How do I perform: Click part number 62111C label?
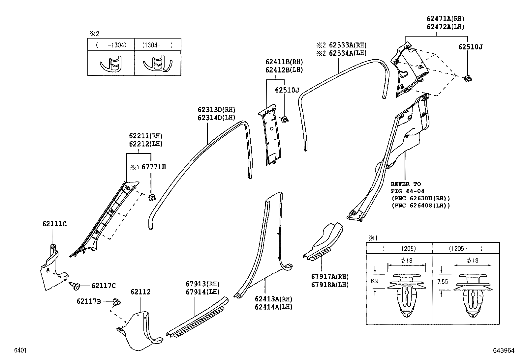pyautogui.click(x=54, y=224)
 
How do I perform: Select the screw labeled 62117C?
pyautogui.click(x=75, y=286)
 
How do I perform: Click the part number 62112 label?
pyautogui.click(x=140, y=292)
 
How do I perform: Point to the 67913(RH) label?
pyautogui.click(x=202, y=284)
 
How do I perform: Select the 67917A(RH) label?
pyautogui.click(x=329, y=277)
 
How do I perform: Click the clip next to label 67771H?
pyautogui.click(x=152, y=198)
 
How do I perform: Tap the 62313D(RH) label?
pyautogui.click(x=216, y=110)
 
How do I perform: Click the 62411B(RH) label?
pyautogui.click(x=284, y=62)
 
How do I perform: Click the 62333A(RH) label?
pyautogui.click(x=347, y=45)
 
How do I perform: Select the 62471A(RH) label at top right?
pyautogui.click(x=445, y=19)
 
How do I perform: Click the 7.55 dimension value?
pyautogui.click(x=443, y=282)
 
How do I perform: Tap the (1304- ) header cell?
pyautogui.click(x=157, y=45)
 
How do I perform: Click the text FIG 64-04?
pyautogui.click(x=407, y=191)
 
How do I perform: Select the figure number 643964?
pyautogui.click(x=504, y=350)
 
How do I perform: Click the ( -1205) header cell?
pyautogui.click(x=399, y=249)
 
